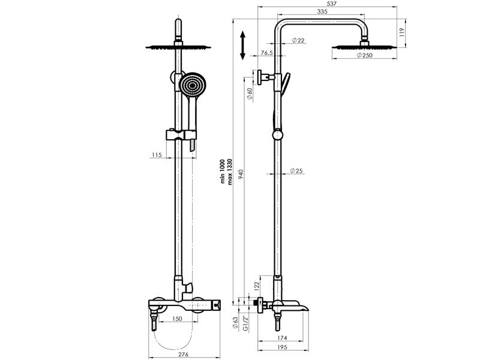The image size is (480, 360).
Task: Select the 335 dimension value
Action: (322, 11)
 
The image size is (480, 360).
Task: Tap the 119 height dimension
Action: (402, 32)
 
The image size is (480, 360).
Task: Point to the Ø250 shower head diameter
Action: (365, 55)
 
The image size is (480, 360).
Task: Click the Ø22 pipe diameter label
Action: (298, 40)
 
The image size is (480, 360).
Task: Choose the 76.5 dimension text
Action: (267, 53)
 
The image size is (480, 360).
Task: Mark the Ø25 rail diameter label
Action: (296, 170)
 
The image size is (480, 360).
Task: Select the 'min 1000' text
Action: (223, 172)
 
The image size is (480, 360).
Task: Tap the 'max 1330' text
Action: (230, 172)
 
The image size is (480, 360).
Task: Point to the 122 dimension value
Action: (257, 286)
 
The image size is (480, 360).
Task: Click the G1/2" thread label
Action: (245, 323)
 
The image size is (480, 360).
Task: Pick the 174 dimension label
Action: (282, 338)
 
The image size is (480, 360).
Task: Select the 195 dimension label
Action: (282, 347)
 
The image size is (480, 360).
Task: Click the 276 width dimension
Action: (183, 355)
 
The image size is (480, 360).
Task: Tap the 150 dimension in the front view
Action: (177, 319)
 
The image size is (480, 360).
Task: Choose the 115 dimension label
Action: (157, 155)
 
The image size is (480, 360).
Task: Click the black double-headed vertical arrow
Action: (243, 46)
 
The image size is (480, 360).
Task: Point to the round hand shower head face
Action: (193, 85)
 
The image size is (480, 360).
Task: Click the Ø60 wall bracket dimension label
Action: (250, 94)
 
